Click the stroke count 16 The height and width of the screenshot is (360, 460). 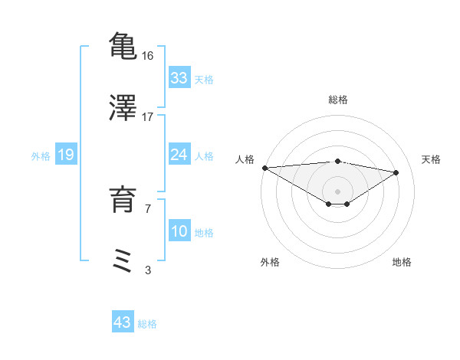(x=148, y=55)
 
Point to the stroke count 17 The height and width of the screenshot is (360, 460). (x=148, y=116)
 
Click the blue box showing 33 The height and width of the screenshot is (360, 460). (x=179, y=78)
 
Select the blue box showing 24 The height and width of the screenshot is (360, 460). (x=179, y=155)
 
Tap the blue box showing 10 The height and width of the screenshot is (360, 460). (x=179, y=231)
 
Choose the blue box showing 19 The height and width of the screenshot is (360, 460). (x=66, y=155)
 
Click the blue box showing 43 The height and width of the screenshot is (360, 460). (x=123, y=322)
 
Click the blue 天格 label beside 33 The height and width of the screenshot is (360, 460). (x=204, y=80)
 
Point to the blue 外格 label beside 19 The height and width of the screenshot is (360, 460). (x=41, y=156)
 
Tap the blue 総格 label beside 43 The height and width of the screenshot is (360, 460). (x=147, y=324)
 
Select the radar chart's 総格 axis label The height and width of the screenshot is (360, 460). (x=338, y=100)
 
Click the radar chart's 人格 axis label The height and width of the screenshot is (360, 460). (x=244, y=159)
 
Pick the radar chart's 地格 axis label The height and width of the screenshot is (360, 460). (x=402, y=262)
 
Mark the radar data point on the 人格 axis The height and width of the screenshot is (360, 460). (x=264, y=168)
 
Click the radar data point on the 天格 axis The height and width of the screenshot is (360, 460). (x=396, y=172)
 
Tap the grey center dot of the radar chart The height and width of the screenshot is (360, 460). (x=337, y=191)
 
